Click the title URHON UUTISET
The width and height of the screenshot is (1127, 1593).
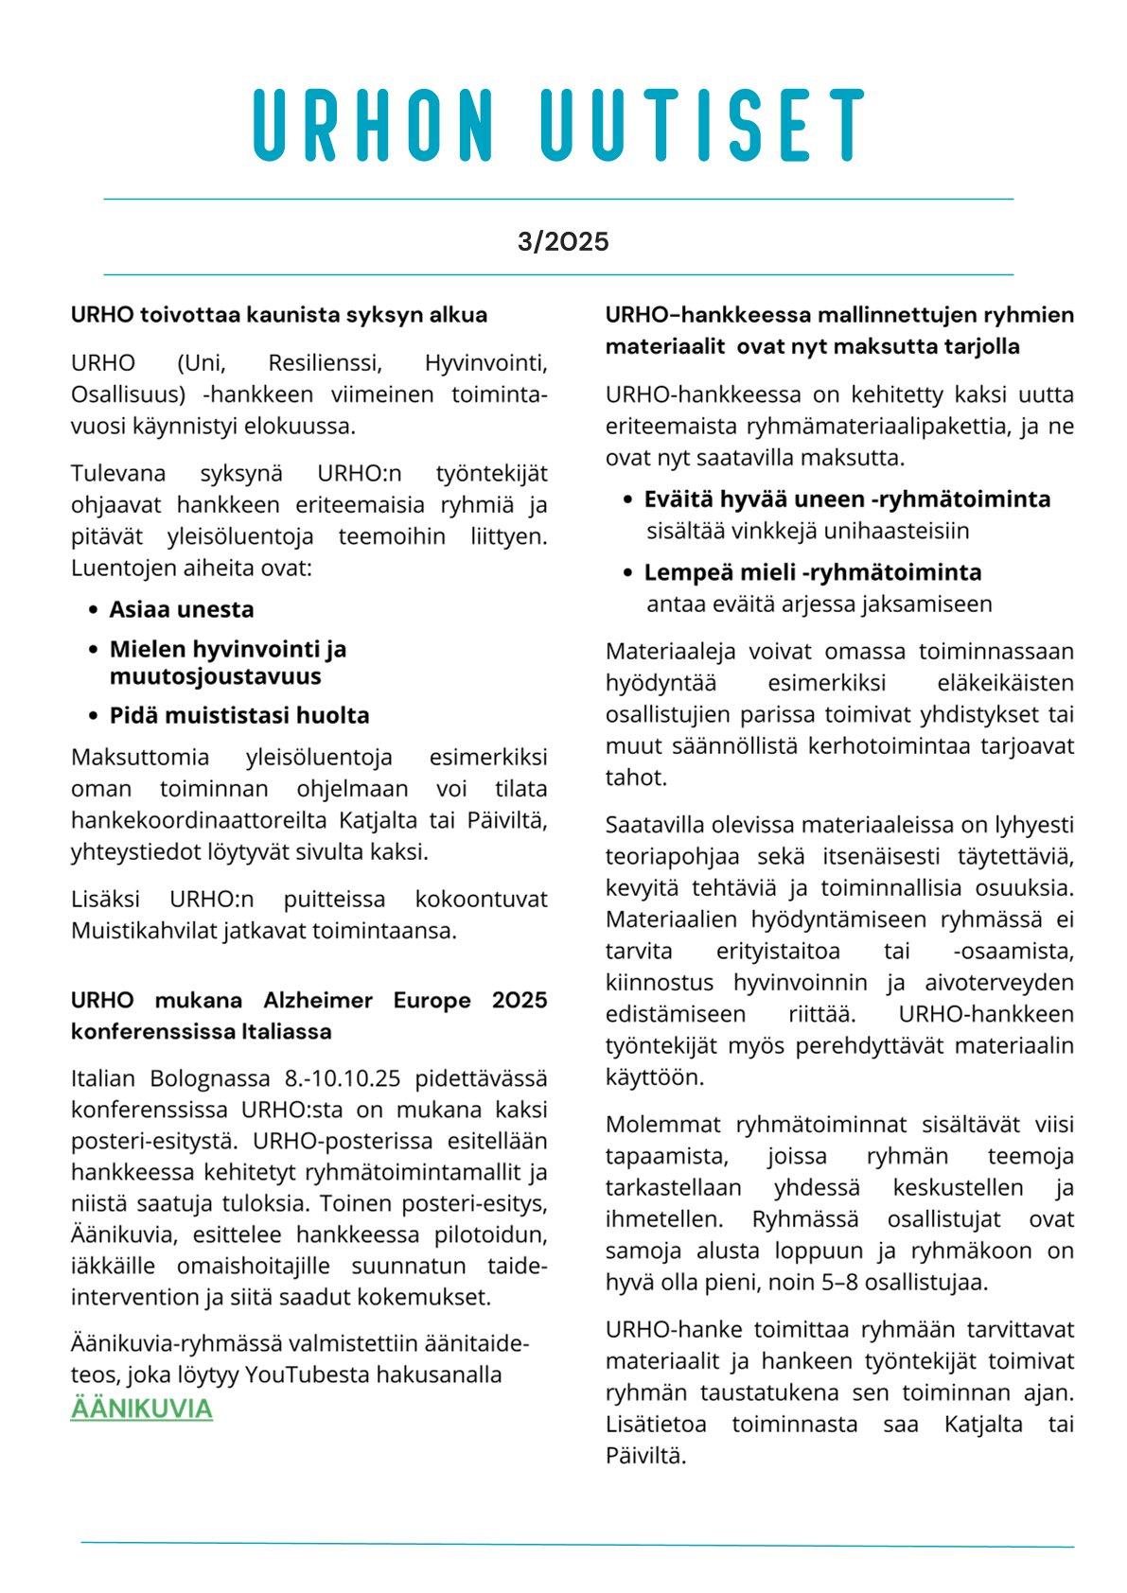pyautogui.click(x=560, y=124)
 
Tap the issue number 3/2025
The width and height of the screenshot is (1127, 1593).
pyautogui.click(x=563, y=242)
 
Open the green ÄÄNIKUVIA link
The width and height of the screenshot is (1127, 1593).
pyautogui.click(x=141, y=1409)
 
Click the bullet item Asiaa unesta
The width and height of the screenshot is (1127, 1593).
pyautogui.click(x=182, y=609)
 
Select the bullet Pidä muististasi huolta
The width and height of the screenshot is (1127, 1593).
pyautogui.click(x=239, y=715)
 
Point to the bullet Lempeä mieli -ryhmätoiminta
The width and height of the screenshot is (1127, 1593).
pyautogui.click(x=813, y=572)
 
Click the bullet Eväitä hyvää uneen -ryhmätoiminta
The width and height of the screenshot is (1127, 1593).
pyautogui.click(x=847, y=499)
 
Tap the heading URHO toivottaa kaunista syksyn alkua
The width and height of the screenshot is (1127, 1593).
pyautogui.click(x=279, y=315)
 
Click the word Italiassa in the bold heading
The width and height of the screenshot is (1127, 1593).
pyautogui.click(x=285, y=1031)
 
